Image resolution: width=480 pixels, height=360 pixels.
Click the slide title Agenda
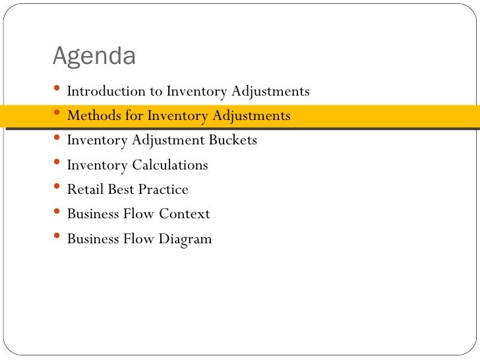(x=94, y=57)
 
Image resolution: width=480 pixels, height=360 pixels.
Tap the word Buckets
(x=233, y=140)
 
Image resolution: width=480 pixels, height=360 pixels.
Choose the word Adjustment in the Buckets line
(x=169, y=140)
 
